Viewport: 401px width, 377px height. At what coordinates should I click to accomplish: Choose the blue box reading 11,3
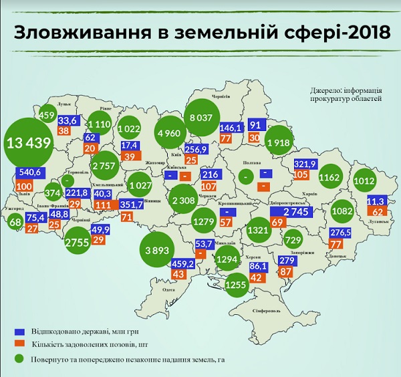coord(376,200)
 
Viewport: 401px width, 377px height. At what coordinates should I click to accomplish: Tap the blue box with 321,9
coord(305,163)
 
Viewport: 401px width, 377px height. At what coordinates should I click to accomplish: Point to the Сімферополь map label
coord(265,311)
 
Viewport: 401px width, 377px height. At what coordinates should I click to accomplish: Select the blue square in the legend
coord(20,331)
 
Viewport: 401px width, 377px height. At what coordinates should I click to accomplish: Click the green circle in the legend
coord(20,359)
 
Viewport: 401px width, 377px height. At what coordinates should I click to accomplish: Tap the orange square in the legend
coord(20,344)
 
